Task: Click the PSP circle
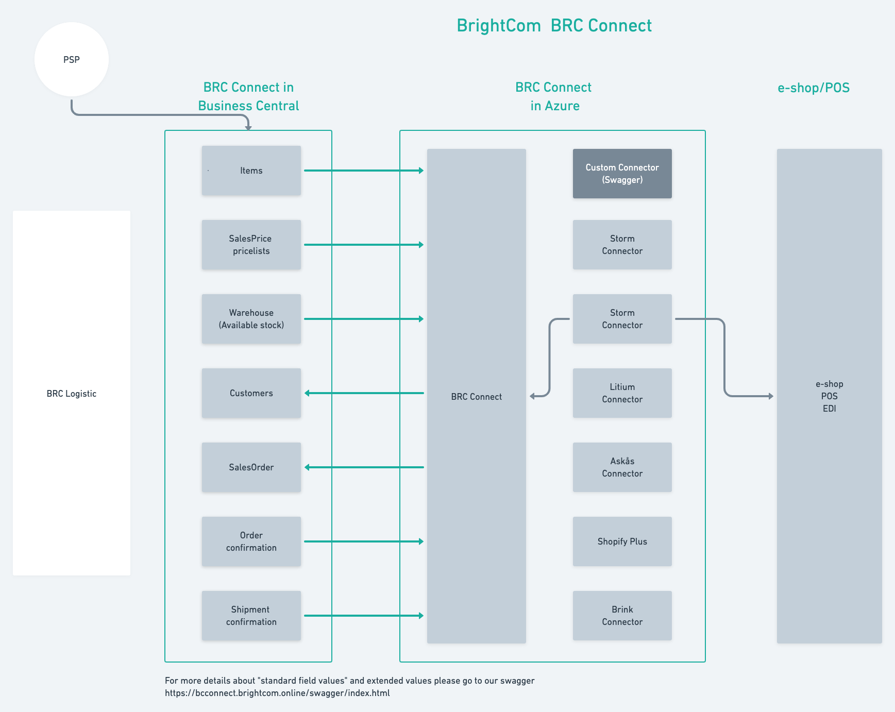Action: coord(72,59)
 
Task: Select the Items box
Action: coord(251,171)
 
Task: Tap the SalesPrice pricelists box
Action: coord(251,245)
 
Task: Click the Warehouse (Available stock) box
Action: coord(251,319)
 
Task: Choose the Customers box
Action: coord(251,393)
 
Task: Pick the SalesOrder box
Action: coord(251,467)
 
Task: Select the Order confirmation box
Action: coord(251,541)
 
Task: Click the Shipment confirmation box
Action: coord(251,616)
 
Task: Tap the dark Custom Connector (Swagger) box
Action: coord(622,174)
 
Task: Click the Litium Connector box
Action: coord(622,393)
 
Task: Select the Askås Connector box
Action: coord(622,467)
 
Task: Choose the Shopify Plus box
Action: coord(622,541)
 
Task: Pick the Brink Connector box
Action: coord(622,616)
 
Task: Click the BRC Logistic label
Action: coord(72,394)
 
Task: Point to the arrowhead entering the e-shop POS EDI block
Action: coord(771,396)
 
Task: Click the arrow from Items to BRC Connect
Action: coord(363,171)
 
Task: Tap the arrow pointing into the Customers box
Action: coord(363,393)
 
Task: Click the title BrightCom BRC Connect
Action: coord(554,26)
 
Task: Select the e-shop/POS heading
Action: coord(813,88)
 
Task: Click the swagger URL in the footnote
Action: coord(277,693)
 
